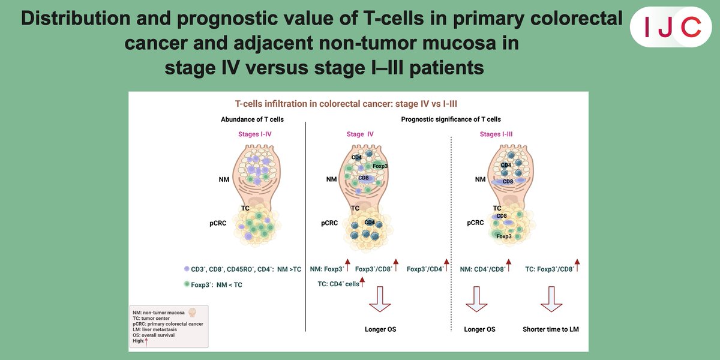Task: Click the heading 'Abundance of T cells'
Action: [x=253, y=119]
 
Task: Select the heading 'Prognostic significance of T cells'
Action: [x=451, y=119]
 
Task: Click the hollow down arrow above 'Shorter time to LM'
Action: [x=550, y=299]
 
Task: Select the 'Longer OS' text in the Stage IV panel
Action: [x=380, y=329]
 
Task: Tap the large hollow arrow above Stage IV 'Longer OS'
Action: [x=380, y=299]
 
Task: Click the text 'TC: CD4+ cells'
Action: [x=338, y=283]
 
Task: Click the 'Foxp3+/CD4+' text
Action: [x=425, y=269]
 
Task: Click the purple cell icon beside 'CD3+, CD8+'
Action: [x=187, y=269]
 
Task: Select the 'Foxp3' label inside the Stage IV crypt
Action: [x=380, y=166]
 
